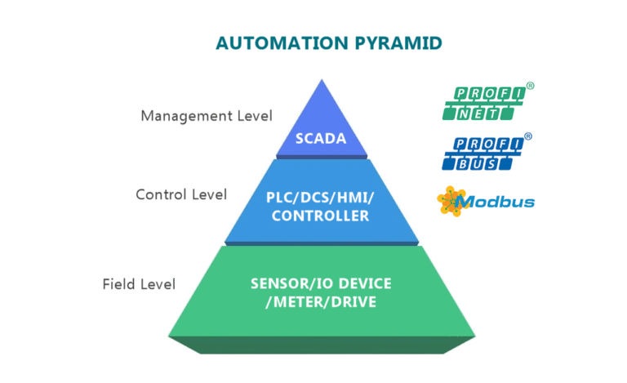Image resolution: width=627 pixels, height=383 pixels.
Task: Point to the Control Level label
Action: [x=180, y=194]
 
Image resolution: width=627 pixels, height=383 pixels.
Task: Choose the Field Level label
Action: [x=139, y=284]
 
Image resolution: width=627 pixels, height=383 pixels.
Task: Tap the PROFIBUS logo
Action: [x=483, y=154]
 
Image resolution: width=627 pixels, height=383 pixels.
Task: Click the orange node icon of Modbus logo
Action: [x=449, y=201]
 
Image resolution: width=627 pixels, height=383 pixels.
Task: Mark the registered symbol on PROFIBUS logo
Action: [x=528, y=136]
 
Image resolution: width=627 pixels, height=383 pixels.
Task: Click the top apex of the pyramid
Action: [x=321, y=81]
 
